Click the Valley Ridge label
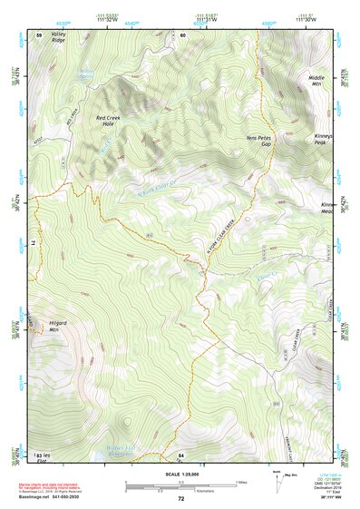coord(58,38)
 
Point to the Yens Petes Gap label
coord(259,141)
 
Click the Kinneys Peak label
coord(325,139)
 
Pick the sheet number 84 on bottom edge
coord(181,454)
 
